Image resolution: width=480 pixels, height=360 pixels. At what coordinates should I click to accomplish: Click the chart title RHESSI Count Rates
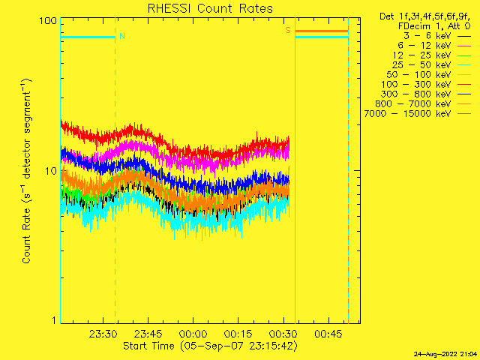point(209,9)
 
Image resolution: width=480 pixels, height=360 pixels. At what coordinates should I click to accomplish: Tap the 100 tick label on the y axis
point(48,20)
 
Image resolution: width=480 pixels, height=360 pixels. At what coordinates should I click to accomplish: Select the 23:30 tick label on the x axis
point(103,333)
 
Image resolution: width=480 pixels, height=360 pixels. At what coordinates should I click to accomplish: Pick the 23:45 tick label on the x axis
point(148,333)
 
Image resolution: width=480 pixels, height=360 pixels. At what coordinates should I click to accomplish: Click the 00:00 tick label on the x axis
point(193,333)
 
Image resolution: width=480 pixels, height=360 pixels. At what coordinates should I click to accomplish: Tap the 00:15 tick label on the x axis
point(238,333)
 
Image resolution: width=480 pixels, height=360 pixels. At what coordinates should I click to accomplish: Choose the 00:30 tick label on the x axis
point(283,333)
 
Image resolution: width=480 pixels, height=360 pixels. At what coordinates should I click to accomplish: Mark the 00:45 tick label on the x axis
point(328,333)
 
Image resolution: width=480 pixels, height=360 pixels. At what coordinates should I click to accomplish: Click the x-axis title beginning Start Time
point(209,346)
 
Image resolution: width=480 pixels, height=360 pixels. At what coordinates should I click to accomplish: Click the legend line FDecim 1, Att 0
point(434,26)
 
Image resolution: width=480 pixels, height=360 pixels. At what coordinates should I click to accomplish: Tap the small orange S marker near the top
point(287,31)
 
